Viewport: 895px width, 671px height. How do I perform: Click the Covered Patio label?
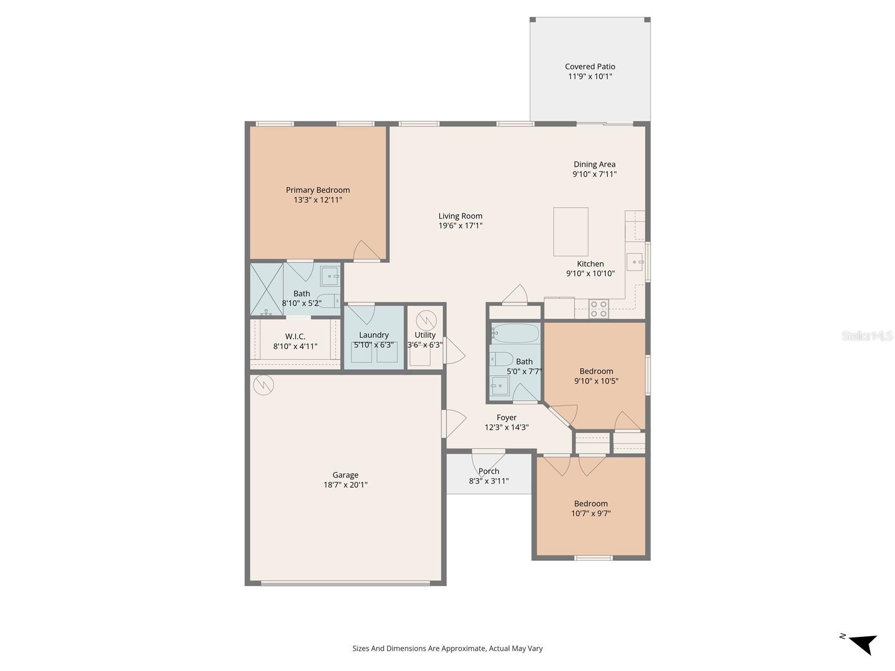[590, 67]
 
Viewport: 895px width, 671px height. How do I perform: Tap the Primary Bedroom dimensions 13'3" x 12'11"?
[318, 200]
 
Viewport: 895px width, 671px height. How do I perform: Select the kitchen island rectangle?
[571, 231]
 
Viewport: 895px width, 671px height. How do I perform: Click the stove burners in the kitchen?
[599, 309]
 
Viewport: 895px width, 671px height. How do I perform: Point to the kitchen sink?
[634, 262]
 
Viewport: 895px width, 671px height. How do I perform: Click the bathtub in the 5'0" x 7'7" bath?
[515, 334]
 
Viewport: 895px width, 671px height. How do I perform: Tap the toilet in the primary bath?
[328, 301]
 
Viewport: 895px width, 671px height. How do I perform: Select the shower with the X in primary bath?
[266, 289]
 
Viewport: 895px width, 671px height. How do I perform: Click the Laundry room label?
[374, 335]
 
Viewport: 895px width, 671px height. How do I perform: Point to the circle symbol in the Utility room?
[426, 321]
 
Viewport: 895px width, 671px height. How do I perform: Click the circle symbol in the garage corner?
[263, 385]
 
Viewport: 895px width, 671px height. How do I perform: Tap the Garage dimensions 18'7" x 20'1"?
[345, 485]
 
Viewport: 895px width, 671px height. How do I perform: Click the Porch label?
[488, 471]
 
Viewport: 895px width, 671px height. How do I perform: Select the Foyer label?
[506, 417]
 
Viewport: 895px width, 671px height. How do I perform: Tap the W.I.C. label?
[295, 336]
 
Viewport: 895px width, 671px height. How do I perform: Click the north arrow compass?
[861, 643]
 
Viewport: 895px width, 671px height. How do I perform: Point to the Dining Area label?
[594, 164]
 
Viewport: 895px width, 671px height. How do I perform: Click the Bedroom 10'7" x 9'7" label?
[590, 503]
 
